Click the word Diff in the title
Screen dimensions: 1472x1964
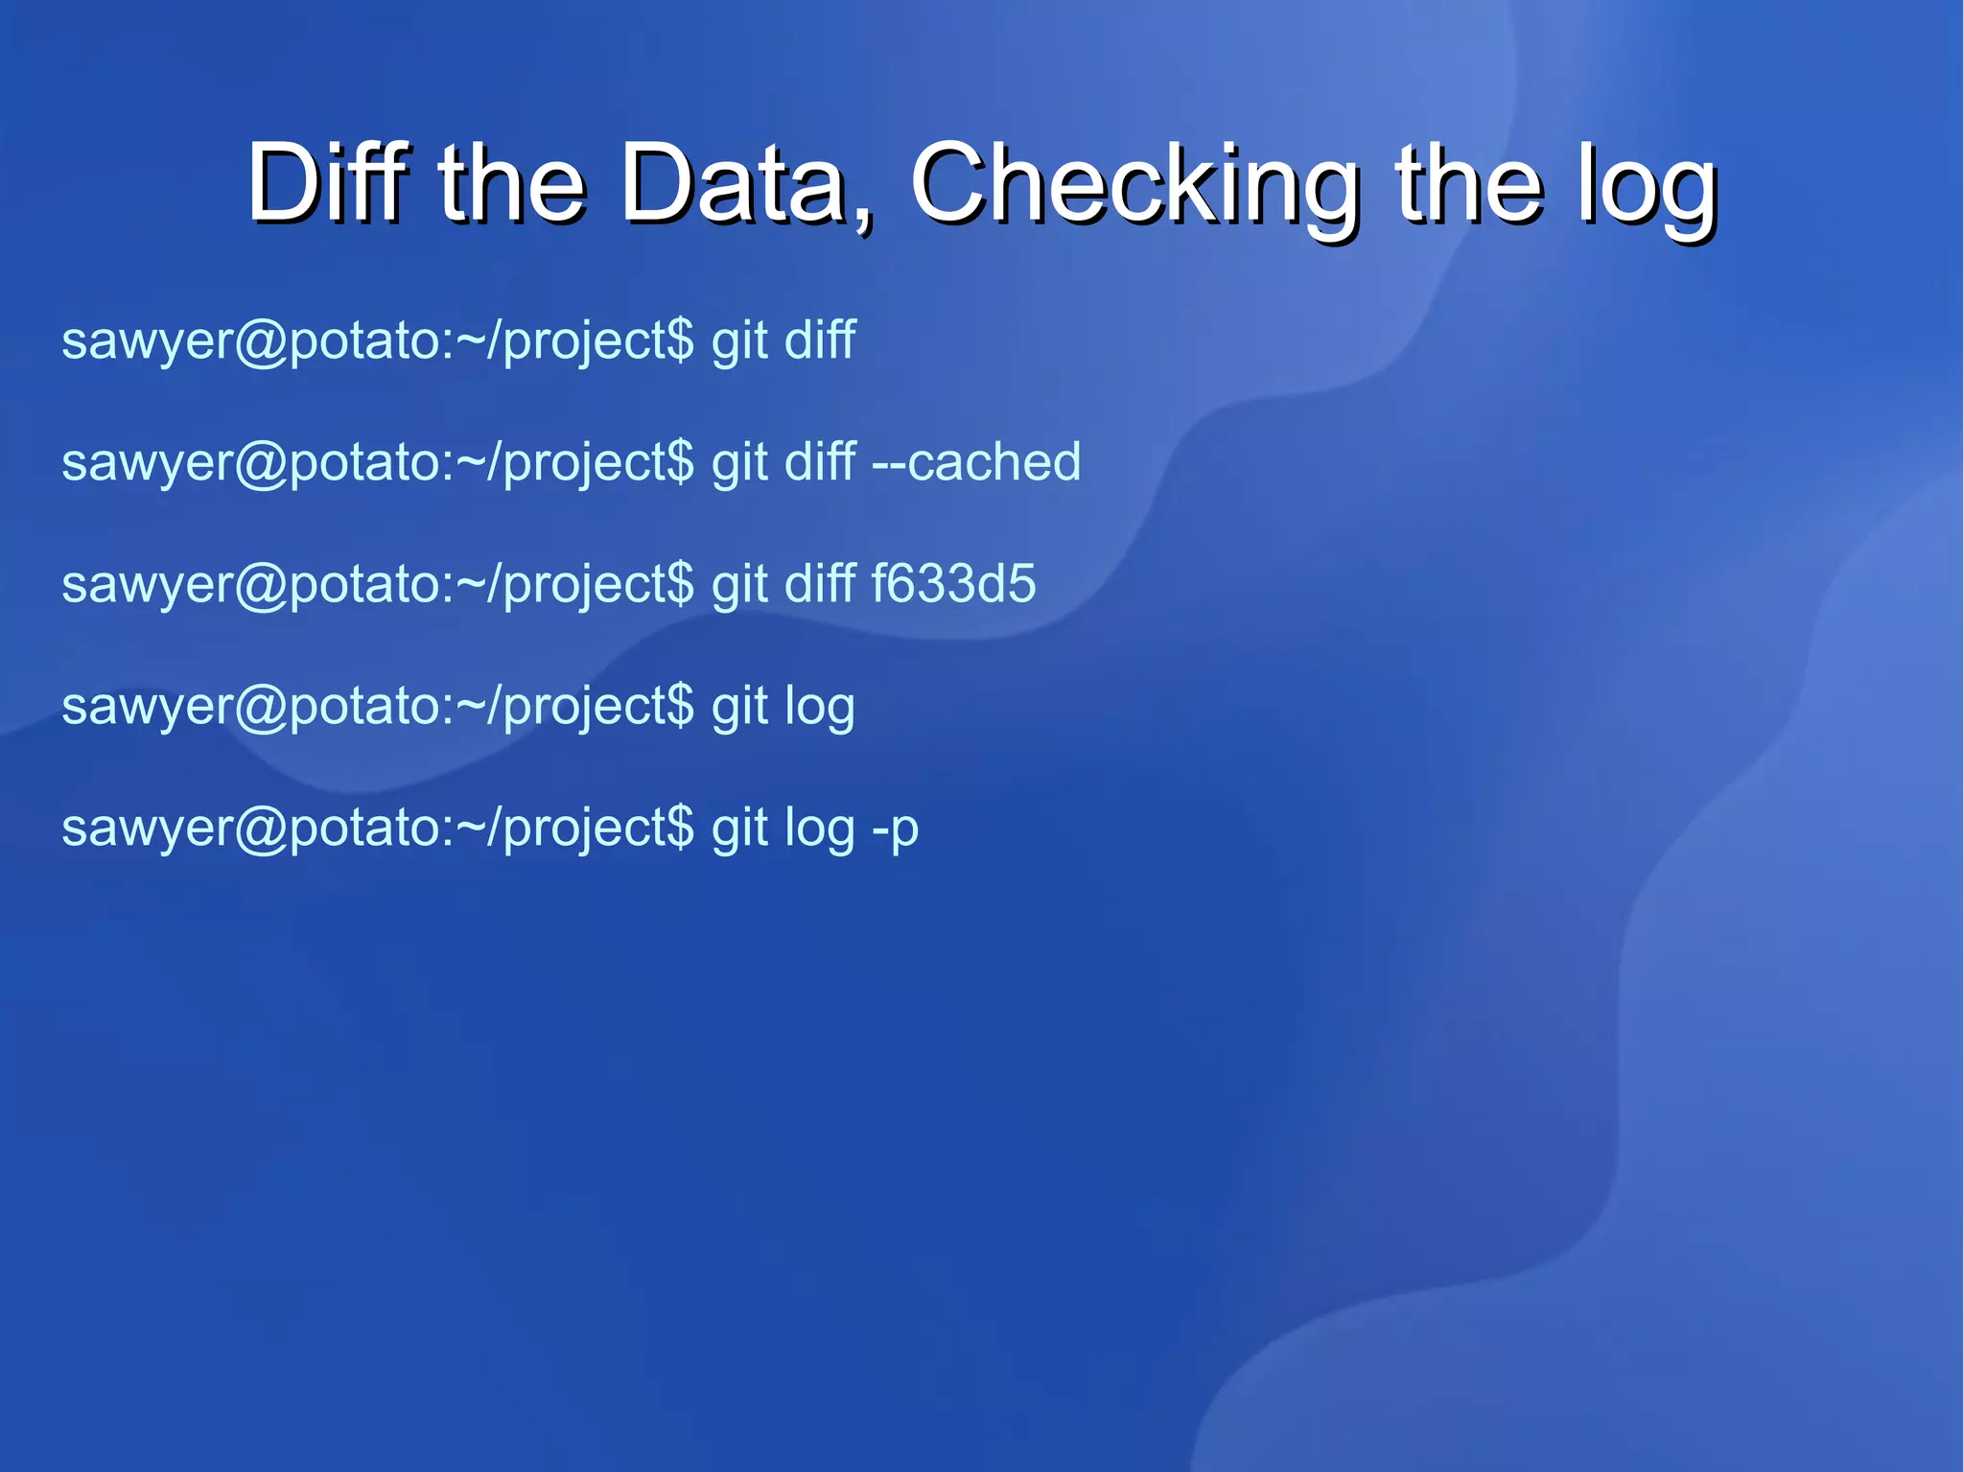click(x=327, y=182)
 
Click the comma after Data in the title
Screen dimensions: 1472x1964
click(x=862, y=216)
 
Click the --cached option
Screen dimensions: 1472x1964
click(x=976, y=462)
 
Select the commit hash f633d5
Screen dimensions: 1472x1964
click(x=953, y=584)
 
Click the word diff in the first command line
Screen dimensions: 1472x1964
click(x=819, y=340)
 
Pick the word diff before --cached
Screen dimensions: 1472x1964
click(x=819, y=462)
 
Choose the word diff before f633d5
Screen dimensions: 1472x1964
click(x=819, y=584)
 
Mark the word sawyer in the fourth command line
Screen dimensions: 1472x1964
click(x=147, y=708)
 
